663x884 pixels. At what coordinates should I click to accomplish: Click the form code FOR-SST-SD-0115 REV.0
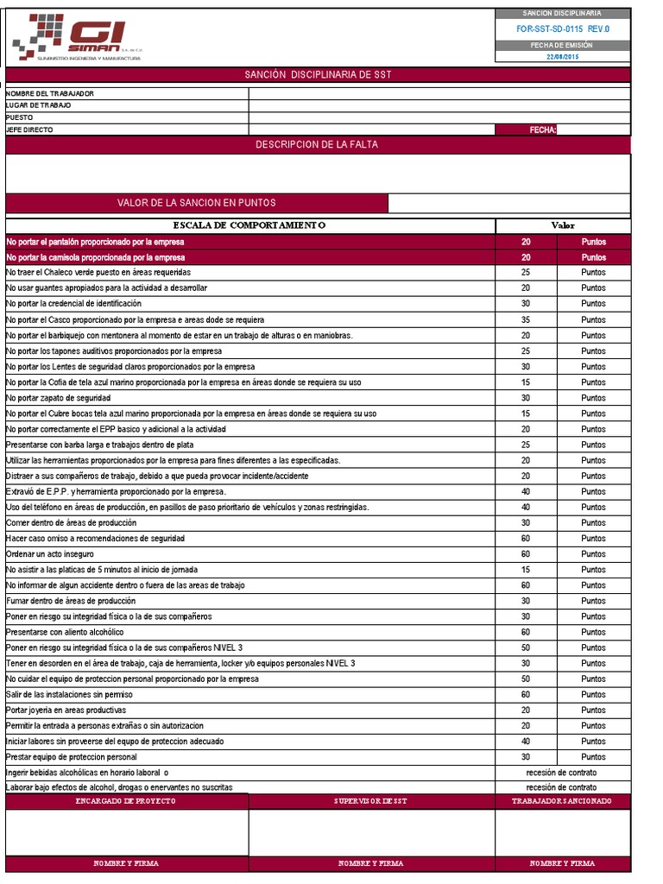(x=562, y=28)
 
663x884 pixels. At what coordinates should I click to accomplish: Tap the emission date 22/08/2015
(x=562, y=57)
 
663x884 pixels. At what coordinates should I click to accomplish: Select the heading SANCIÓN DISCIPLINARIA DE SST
(x=318, y=75)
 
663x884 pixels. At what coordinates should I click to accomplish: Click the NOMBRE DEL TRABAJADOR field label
(x=50, y=93)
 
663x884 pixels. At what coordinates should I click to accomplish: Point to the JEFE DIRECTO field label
(x=29, y=129)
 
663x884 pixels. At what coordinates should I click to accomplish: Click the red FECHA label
(x=542, y=129)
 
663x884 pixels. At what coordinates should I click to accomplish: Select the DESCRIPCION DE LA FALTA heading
(x=317, y=145)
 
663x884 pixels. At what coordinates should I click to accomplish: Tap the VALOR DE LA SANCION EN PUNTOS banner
(x=197, y=203)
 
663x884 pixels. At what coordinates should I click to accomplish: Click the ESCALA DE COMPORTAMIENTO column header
(x=250, y=225)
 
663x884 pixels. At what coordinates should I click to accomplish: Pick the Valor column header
(x=562, y=225)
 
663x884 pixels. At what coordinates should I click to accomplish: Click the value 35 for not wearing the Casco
(x=526, y=319)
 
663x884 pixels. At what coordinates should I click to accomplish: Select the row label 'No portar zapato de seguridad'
(x=58, y=398)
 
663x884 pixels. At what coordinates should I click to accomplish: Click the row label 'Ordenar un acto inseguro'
(x=50, y=554)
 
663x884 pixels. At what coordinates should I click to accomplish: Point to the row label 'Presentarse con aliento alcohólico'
(x=65, y=632)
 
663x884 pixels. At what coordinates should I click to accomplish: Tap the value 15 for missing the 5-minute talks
(x=526, y=570)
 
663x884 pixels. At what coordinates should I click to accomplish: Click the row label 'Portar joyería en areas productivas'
(x=66, y=710)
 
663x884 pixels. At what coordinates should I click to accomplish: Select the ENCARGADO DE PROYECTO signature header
(x=127, y=801)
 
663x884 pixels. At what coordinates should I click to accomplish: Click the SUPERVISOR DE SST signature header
(x=371, y=801)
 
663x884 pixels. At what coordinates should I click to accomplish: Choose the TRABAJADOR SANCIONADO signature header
(x=562, y=801)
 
